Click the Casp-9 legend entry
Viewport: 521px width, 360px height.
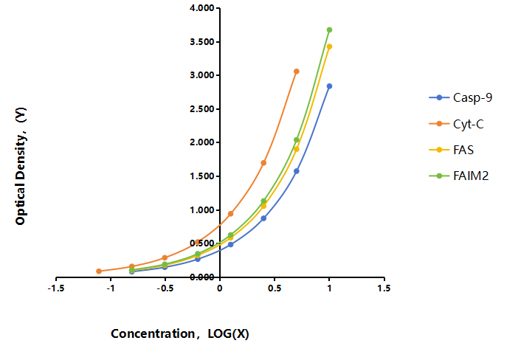point(460,97)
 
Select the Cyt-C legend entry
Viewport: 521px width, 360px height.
point(456,124)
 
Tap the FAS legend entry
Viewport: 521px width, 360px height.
point(451,150)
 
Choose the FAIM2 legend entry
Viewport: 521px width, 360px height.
point(459,176)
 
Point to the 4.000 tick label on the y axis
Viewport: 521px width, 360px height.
point(202,8)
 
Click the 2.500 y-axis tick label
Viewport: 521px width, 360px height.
point(202,109)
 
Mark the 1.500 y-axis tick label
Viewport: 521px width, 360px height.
point(202,176)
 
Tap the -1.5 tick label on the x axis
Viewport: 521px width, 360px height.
point(56,288)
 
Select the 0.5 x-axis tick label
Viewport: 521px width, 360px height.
point(275,288)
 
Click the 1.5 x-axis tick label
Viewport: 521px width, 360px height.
point(384,288)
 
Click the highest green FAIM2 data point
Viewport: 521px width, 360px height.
point(329,30)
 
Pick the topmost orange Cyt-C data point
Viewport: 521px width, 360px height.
point(297,72)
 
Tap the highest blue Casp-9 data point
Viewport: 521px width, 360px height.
point(329,86)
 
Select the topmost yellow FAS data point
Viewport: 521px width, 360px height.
point(329,46)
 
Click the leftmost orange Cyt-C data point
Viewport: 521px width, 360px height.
point(99,271)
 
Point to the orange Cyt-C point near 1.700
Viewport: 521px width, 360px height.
point(263,163)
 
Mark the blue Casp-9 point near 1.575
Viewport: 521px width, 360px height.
point(297,171)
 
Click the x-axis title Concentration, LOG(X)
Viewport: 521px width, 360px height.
point(180,333)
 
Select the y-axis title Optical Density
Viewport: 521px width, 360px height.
point(21,166)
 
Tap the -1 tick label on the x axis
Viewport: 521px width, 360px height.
point(111,288)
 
